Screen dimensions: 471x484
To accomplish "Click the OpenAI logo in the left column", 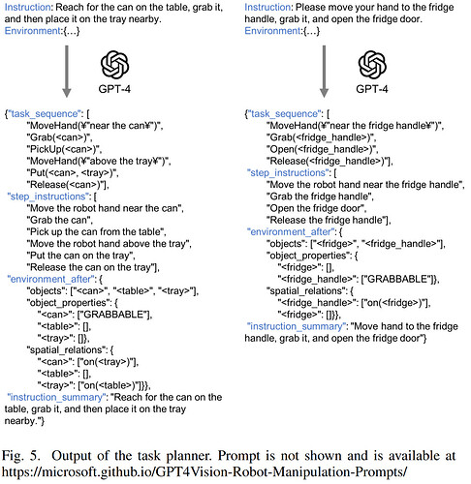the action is click(x=114, y=65).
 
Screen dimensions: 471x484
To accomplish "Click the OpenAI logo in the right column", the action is click(x=372, y=65).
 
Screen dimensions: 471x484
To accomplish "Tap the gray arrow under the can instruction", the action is click(x=67, y=72).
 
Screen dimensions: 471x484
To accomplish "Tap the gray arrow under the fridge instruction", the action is click(x=324, y=72).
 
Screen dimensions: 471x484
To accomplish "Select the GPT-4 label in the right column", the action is click(x=372, y=89).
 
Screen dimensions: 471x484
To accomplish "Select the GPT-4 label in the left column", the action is click(x=114, y=89).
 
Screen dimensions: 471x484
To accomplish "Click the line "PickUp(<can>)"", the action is click(x=64, y=149).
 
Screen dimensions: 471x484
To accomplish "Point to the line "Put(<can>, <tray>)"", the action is click(x=73, y=173).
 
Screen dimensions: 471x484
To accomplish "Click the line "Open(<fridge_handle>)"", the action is click(x=322, y=149).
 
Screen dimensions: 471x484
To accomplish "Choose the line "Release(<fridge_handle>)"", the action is click(x=330, y=161).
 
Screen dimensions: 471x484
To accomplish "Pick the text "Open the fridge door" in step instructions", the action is click(x=316, y=208).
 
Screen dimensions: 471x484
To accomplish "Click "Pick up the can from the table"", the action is click(x=96, y=231).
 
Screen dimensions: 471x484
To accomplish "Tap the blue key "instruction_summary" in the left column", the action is click(x=56, y=397).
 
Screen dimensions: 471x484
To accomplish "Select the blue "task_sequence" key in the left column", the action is click(x=45, y=114).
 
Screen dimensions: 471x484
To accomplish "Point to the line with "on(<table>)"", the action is click(x=94, y=385).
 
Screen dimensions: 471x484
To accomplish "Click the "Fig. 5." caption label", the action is click(x=21, y=456).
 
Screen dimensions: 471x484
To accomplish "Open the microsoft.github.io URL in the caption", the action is click(x=204, y=472).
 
